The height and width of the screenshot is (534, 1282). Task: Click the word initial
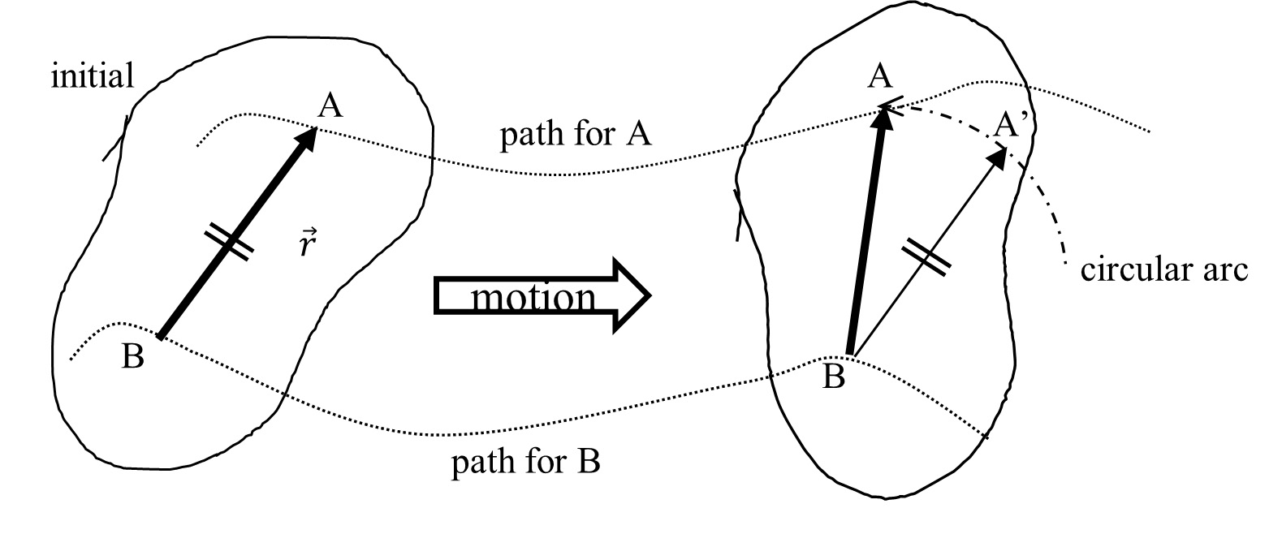coord(92,75)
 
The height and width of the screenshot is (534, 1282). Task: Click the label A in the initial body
coord(330,106)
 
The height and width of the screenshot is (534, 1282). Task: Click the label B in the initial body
coord(133,355)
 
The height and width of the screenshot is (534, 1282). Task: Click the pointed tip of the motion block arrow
coord(650,295)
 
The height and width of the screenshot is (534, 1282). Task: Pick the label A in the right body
coord(879,76)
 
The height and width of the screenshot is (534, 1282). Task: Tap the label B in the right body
coord(833,377)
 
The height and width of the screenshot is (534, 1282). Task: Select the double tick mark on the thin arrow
coord(926,257)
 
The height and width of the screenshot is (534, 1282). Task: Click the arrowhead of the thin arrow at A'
coord(999,158)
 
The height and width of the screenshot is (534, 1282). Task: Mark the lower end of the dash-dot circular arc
coord(1065,263)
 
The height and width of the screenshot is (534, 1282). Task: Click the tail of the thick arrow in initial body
coord(160,338)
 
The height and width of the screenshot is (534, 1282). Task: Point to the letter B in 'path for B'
coord(589,461)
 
